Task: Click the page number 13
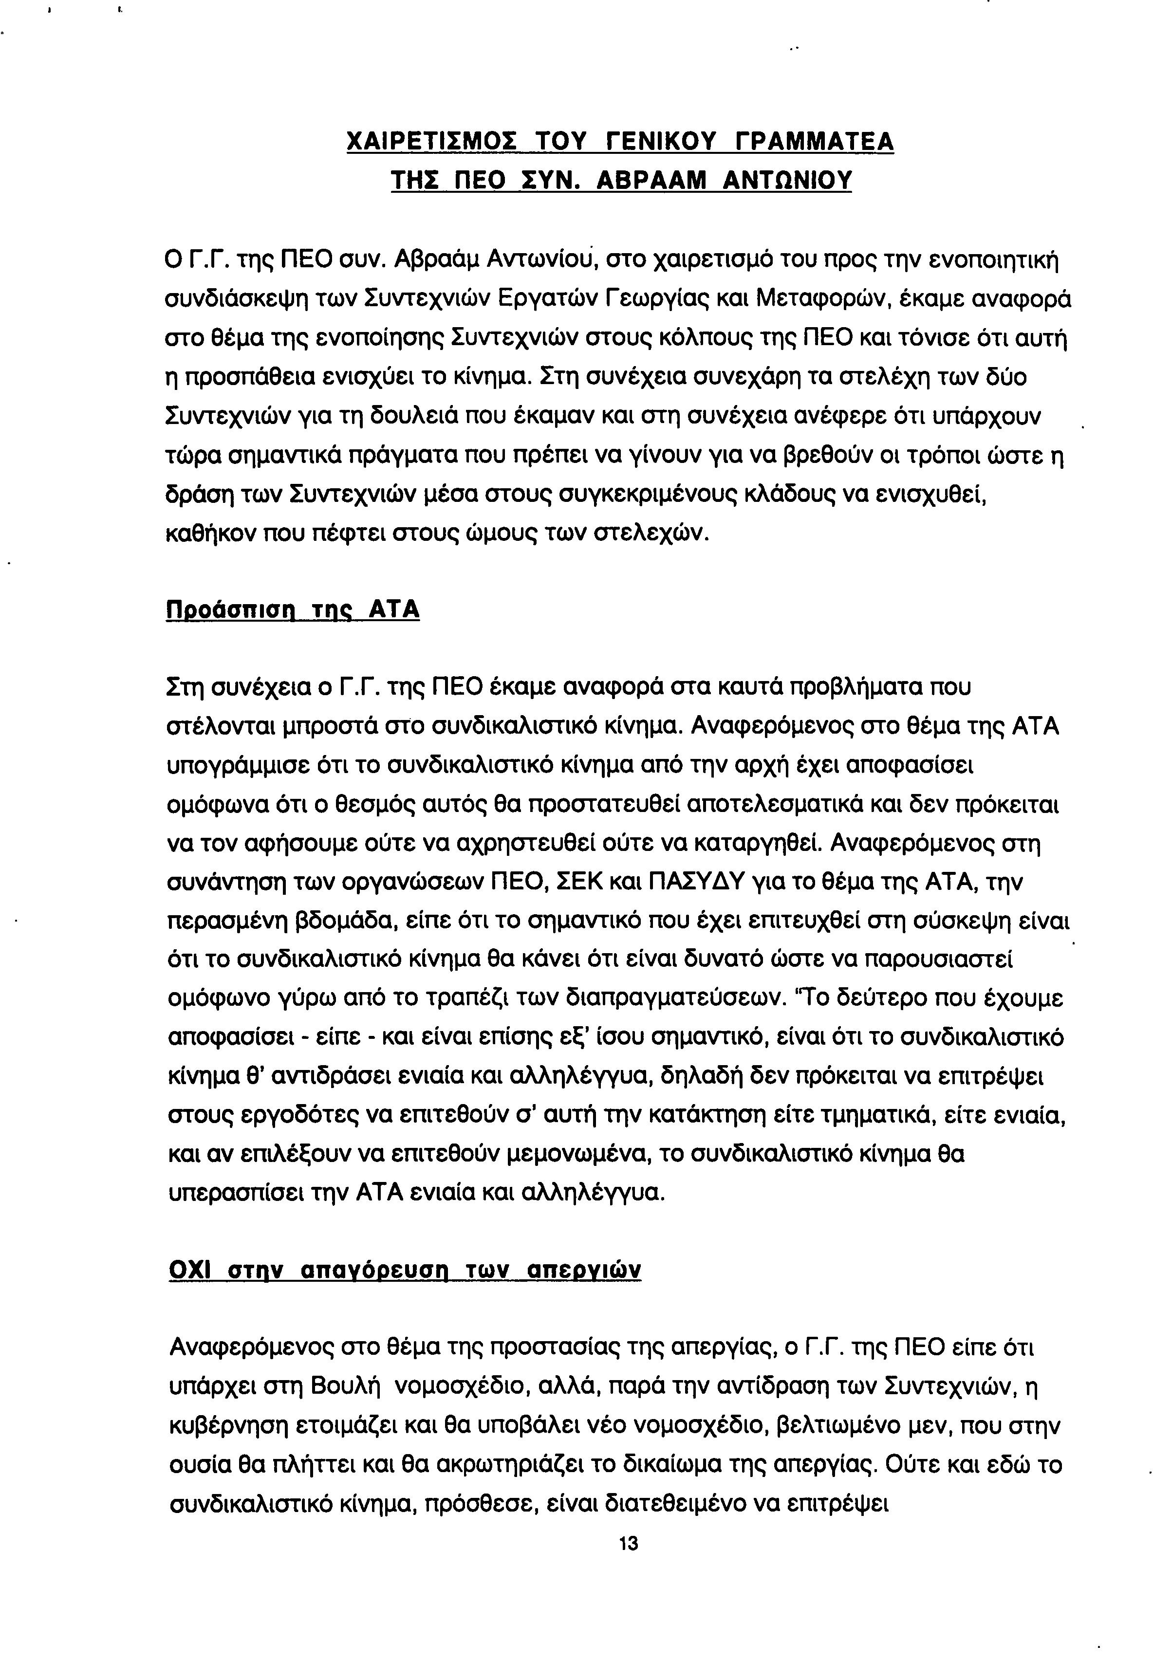coord(629,1543)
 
